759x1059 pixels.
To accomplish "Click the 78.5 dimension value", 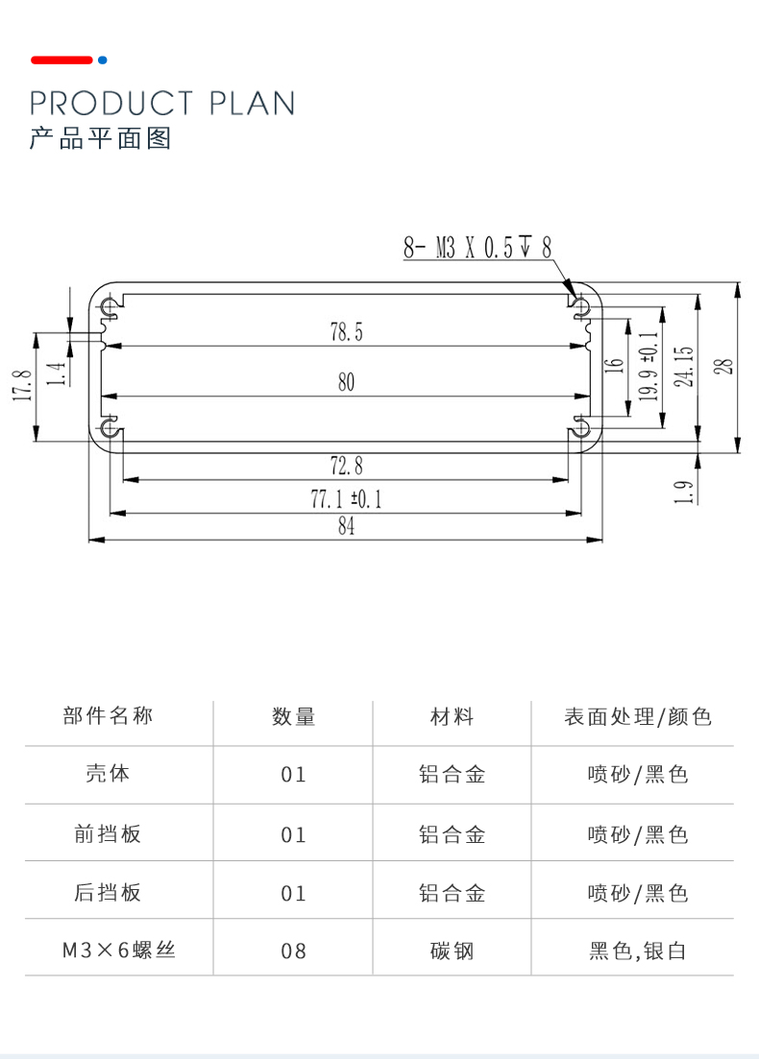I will click(x=346, y=333).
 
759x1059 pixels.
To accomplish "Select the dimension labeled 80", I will click(x=346, y=382).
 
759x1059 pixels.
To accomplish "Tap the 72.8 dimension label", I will click(x=346, y=467).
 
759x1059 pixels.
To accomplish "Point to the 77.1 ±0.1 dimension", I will click(x=346, y=499).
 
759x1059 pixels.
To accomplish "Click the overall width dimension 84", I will click(x=346, y=527).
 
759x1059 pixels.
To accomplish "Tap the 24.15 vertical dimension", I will click(x=683, y=366).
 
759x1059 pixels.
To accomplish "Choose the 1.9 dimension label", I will click(x=683, y=492).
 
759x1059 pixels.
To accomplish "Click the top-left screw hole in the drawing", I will click(x=110, y=306).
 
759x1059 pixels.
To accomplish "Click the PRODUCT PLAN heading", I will click(x=161, y=103).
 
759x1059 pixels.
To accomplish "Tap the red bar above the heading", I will click(x=61, y=60).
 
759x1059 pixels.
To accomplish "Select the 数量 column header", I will click(x=293, y=716).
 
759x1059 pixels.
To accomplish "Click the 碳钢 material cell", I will click(x=452, y=951).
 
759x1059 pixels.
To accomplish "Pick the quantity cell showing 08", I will click(x=293, y=951).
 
